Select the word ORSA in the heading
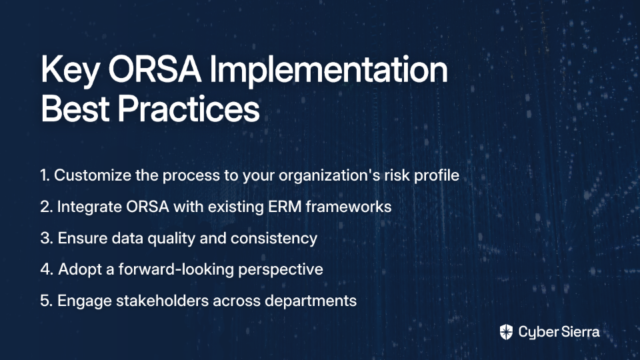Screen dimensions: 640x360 pos(155,69)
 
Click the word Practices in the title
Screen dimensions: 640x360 pos(189,108)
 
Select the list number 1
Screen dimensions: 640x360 pos(45,175)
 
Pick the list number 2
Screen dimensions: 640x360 pos(47,207)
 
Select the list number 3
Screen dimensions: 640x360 pos(47,238)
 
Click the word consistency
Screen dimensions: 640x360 pos(274,239)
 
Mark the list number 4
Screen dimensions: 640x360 pos(47,269)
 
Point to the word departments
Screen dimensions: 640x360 pos(311,301)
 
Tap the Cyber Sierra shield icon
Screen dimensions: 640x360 pos(506,332)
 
